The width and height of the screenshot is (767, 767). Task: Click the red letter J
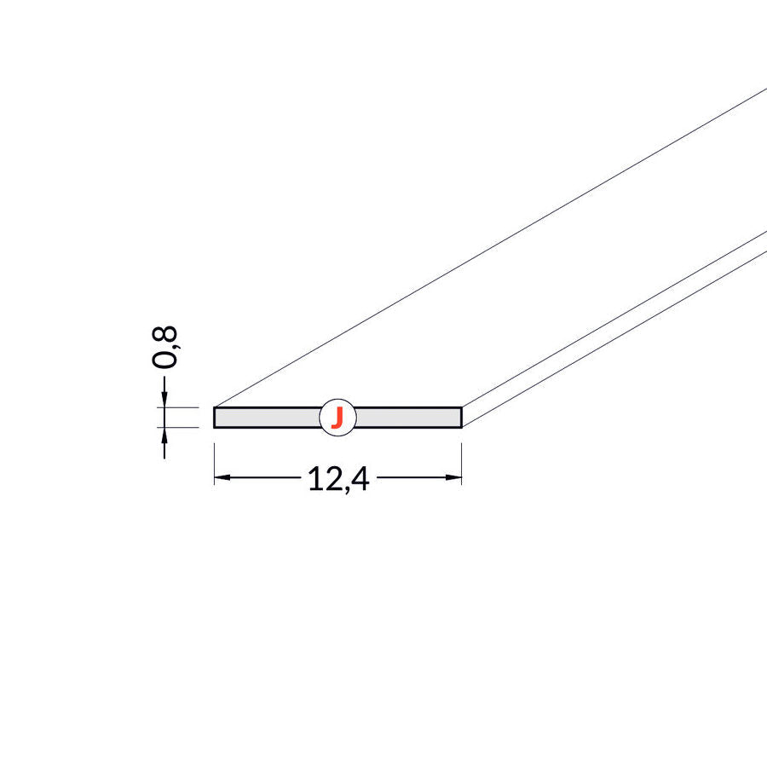click(337, 418)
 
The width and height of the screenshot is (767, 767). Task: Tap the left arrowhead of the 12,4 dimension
click(221, 478)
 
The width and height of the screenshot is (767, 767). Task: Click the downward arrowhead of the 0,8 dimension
click(164, 399)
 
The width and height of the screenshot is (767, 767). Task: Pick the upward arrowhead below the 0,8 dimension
click(164, 435)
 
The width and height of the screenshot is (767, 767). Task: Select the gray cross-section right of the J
click(409, 418)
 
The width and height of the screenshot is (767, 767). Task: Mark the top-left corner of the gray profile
click(214, 407)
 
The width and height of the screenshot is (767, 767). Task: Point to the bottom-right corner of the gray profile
click(461, 426)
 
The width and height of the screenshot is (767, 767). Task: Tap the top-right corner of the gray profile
click(461, 407)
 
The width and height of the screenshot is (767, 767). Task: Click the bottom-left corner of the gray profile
click(214, 426)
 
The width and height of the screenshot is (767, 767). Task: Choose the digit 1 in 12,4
click(313, 480)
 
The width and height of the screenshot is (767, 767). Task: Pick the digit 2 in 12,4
click(330, 480)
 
